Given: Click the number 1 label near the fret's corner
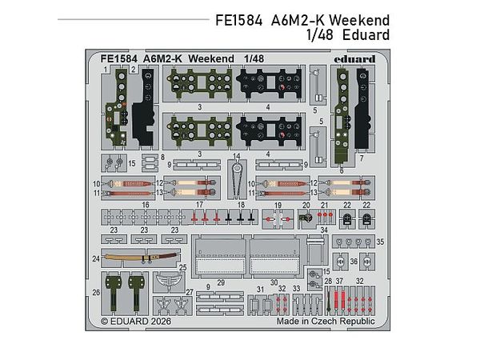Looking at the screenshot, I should (106, 70).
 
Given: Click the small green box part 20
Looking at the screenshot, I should (305, 216).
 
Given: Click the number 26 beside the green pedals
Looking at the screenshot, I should (96, 293).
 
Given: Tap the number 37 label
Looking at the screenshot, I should (339, 282).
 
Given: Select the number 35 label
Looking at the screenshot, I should (380, 240).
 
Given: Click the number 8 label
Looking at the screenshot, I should (162, 158).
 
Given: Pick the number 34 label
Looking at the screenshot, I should (323, 230).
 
